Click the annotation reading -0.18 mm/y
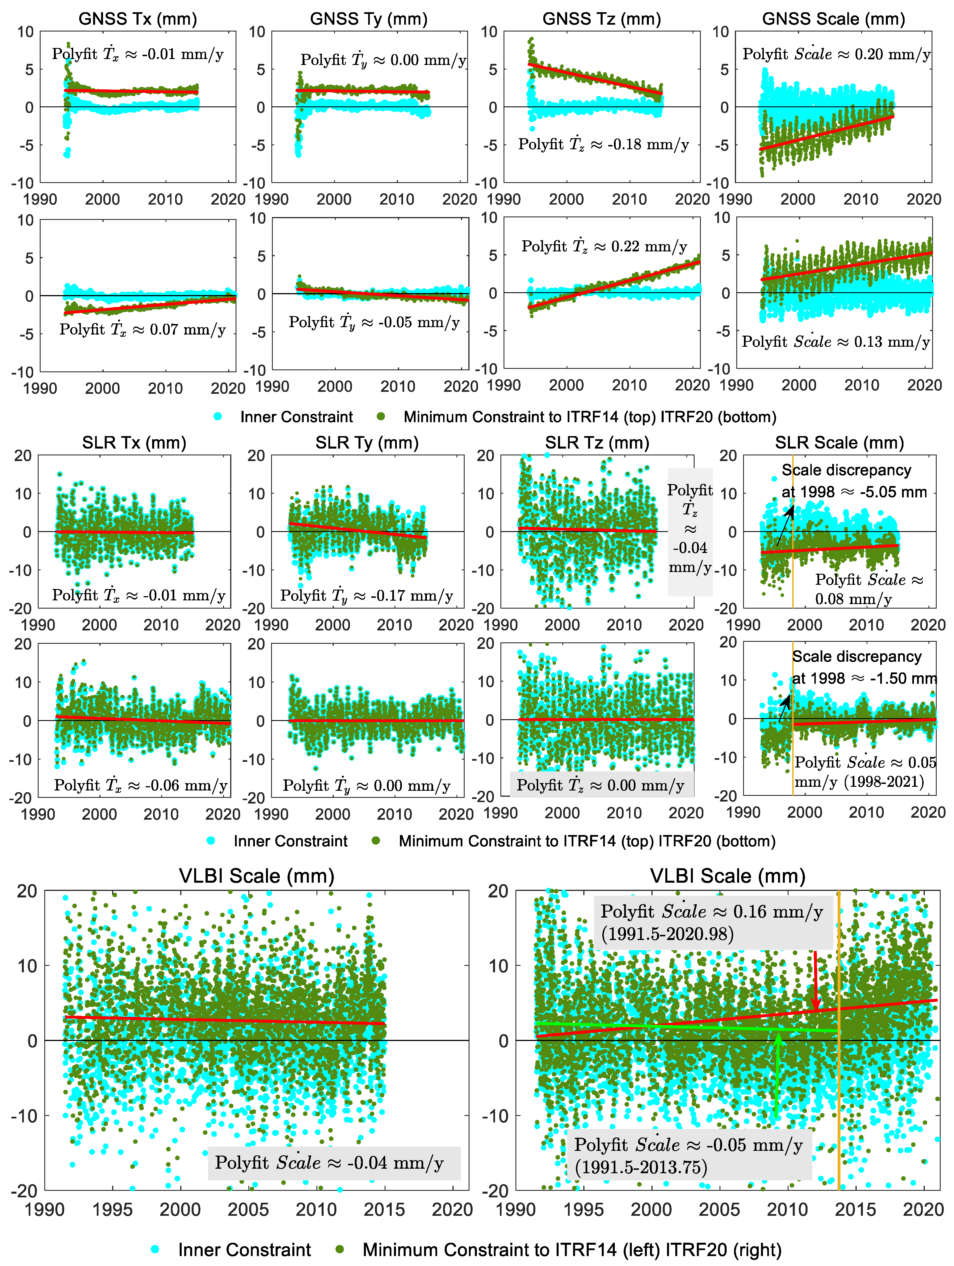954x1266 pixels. (x=603, y=144)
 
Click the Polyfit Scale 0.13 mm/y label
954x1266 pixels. (x=835, y=342)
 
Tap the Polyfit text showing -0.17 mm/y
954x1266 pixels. (x=366, y=596)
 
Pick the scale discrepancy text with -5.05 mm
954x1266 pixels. (x=853, y=481)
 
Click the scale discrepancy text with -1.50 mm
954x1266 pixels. (x=863, y=667)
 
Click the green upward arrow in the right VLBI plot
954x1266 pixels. (x=777, y=1076)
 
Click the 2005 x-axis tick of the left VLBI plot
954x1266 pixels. (x=248, y=1210)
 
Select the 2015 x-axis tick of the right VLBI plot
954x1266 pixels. (x=855, y=1210)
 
